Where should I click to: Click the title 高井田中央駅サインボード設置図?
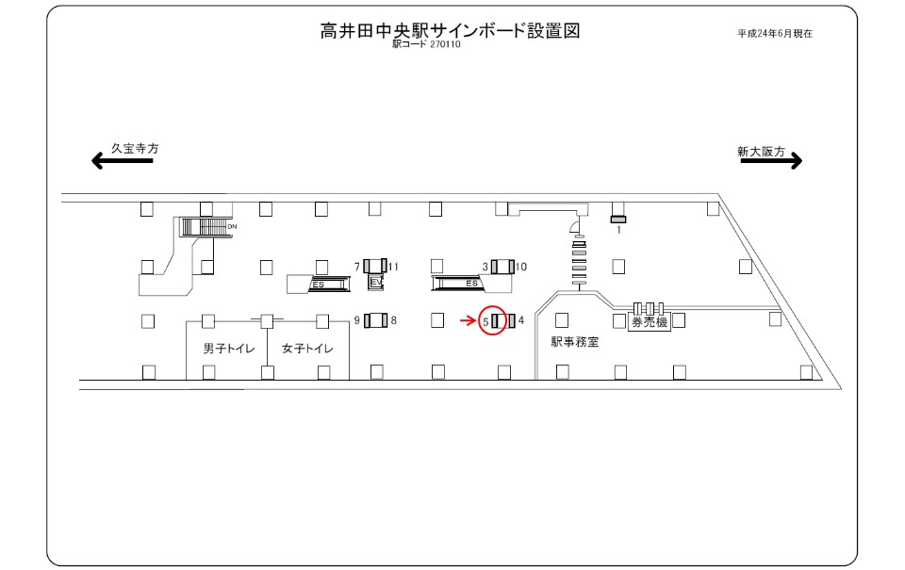(x=450, y=30)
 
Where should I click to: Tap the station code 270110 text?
(x=445, y=44)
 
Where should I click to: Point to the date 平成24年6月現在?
(x=775, y=34)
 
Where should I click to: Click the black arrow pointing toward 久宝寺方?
(x=123, y=161)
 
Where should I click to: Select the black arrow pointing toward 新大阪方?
(x=772, y=160)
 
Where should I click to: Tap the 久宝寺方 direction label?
(x=135, y=148)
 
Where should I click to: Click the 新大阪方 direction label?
(x=762, y=151)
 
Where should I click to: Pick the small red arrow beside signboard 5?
(x=469, y=320)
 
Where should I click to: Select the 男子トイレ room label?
(x=228, y=349)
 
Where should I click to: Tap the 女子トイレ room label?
(x=307, y=349)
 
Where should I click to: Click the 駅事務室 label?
(x=575, y=342)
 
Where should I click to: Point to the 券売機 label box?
(x=650, y=322)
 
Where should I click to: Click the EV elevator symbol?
(x=376, y=282)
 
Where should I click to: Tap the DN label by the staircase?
(x=232, y=227)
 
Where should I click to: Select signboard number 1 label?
(x=618, y=230)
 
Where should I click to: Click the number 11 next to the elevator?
(x=394, y=267)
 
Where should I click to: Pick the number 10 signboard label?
(x=521, y=267)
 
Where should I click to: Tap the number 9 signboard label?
(x=357, y=320)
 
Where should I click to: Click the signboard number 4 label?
(x=521, y=320)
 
